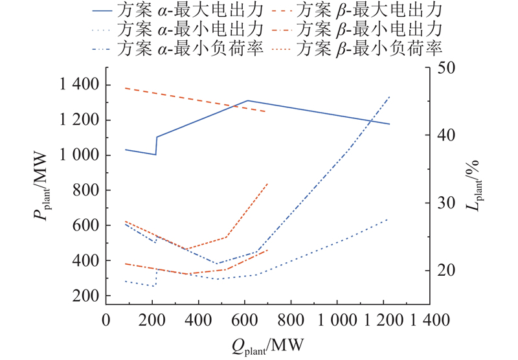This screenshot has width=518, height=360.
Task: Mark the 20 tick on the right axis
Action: [448, 270]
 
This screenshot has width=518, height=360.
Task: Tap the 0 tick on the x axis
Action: [106, 319]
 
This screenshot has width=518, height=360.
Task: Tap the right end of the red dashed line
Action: [266, 111]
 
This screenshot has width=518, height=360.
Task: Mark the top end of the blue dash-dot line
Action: [390, 96]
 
